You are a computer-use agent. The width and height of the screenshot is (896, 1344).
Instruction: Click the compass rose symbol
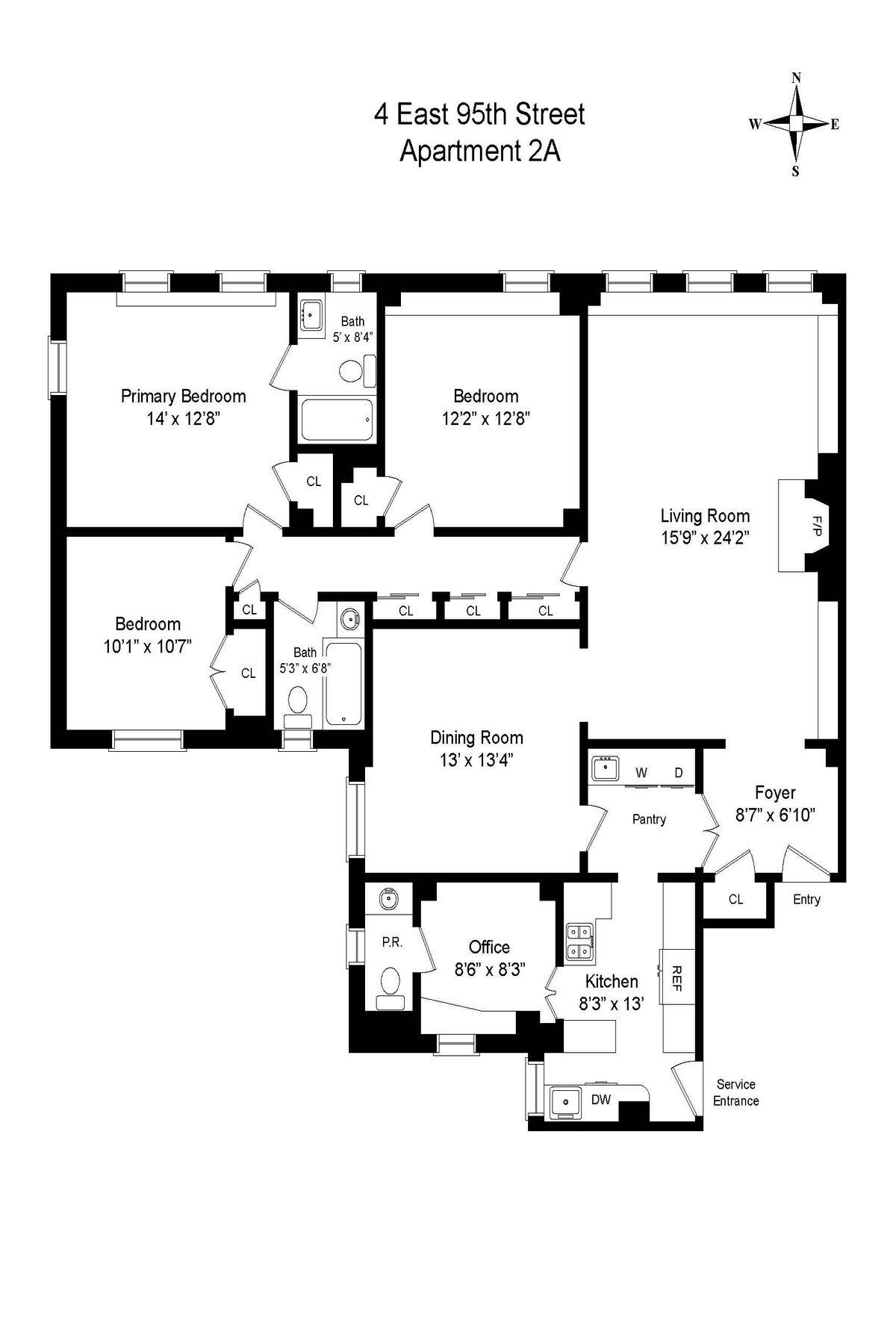pos(797,124)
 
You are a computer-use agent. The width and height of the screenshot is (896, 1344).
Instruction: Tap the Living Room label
pos(705,516)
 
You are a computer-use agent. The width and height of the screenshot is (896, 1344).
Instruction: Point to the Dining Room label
pos(476,738)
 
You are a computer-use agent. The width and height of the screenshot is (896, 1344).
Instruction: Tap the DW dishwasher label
pos(601,1100)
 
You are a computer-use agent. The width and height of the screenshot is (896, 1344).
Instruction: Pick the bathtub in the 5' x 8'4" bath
pos(337,420)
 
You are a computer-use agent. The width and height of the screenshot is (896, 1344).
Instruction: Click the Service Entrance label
pos(735,1092)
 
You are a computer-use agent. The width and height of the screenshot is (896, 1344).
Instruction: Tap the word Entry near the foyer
pos(806,900)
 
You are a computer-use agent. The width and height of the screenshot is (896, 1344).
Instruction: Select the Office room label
pos(489,948)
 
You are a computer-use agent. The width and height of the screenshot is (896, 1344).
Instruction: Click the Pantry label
pos(649,819)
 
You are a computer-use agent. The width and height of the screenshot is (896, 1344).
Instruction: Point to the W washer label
pos(641,773)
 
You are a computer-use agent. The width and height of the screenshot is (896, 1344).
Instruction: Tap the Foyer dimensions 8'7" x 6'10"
pos(775,815)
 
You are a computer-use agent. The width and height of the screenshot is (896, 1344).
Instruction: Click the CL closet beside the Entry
pos(735,899)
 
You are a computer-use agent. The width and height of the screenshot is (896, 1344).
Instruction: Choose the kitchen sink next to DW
pos(565,1101)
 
